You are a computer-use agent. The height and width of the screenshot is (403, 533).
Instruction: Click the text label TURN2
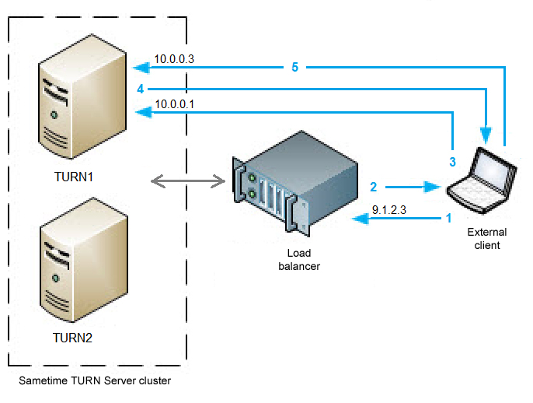click(x=72, y=338)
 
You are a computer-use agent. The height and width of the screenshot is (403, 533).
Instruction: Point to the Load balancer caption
click(x=304, y=259)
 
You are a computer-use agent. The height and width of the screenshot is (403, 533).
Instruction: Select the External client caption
click(x=487, y=238)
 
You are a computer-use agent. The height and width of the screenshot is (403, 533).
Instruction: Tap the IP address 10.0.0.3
click(x=174, y=58)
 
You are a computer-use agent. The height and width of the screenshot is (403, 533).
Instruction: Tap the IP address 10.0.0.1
click(x=174, y=103)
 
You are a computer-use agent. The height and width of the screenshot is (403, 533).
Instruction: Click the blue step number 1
click(x=448, y=219)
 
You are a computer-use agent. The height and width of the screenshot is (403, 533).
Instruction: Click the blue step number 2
click(x=374, y=187)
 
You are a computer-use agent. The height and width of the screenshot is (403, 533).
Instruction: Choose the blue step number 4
click(x=140, y=89)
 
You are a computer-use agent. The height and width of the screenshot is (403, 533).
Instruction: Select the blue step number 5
click(x=294, y=67)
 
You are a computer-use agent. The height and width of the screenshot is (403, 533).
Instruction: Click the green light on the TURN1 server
click(x=54, y=115)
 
